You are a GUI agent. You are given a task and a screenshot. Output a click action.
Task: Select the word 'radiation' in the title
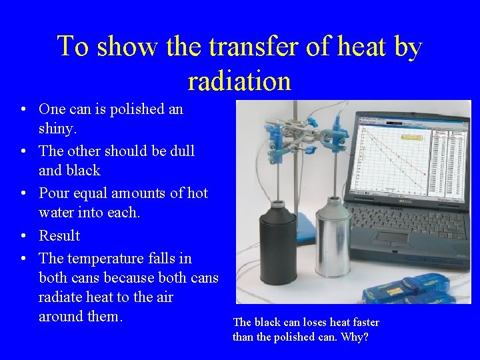click(239, 81)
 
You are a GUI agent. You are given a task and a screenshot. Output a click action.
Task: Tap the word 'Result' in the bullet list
click(59, 236)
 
